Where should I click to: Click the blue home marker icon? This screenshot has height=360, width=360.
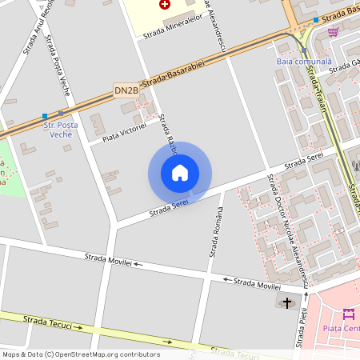(x=180, y=172)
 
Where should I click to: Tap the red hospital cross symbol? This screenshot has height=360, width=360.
(x=166, y=4)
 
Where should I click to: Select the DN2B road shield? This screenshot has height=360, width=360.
(x=126, y=90)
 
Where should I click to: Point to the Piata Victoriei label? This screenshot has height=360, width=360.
(x=125, y=133)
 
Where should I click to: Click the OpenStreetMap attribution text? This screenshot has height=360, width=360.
(x=81, y=354)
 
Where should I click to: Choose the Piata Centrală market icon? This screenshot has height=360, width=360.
(x=348, y=313)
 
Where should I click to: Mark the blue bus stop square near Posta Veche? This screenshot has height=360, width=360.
(x=45, y=116)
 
